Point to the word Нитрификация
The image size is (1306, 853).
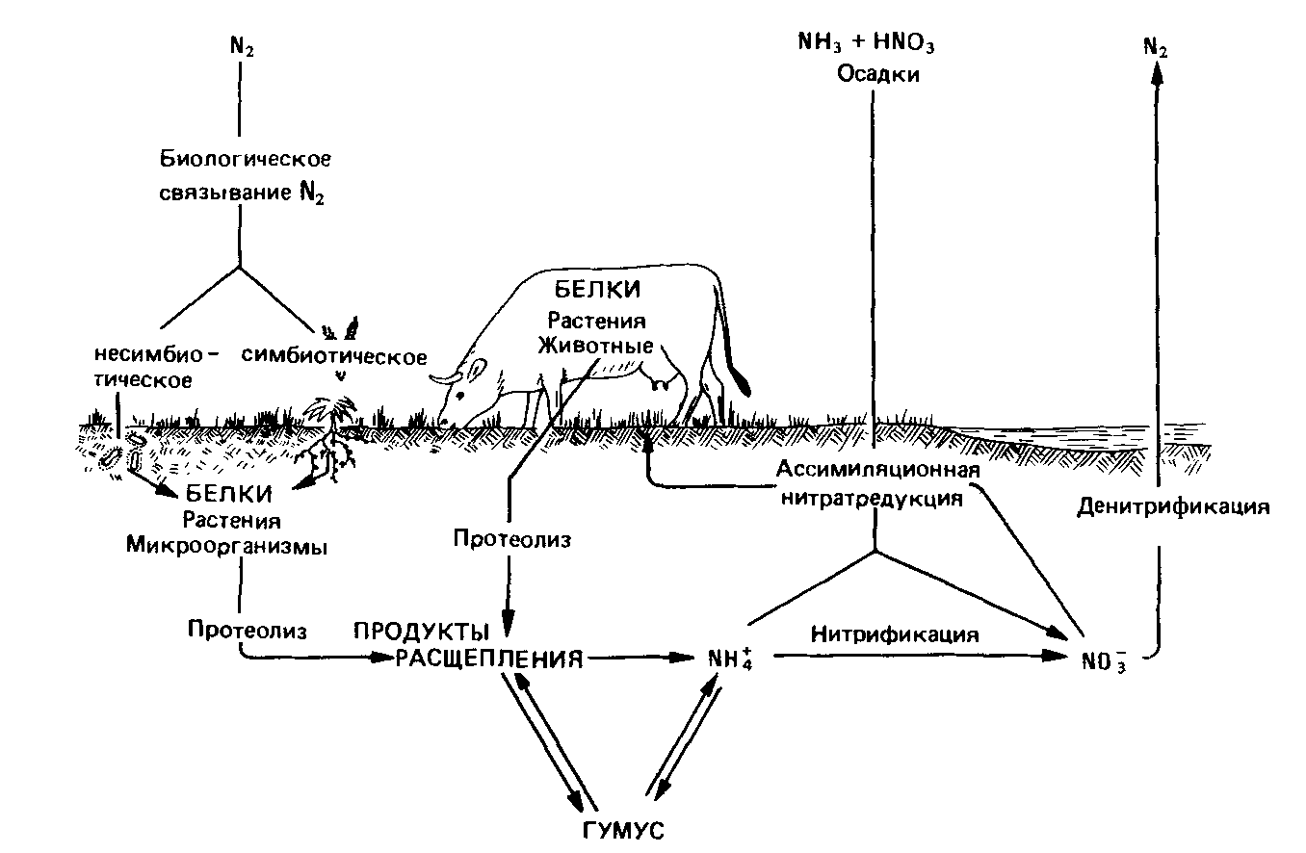[x=895, y=635]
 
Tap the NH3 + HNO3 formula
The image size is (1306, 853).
[x=867, y=44]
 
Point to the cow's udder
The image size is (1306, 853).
[x=662, y=381]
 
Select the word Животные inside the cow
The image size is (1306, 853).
[x=603, y=345]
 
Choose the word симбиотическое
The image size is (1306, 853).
[x=334, y=357]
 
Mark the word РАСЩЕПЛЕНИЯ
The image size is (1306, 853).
[x=489, y=659]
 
